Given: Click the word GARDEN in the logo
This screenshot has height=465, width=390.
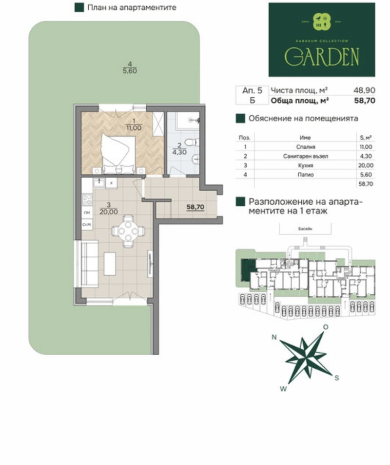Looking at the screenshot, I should click(x=322, y=57).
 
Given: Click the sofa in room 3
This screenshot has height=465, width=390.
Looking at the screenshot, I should click(x=90, y=265).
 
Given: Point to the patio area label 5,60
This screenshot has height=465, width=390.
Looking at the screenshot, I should click(x=129, y=70).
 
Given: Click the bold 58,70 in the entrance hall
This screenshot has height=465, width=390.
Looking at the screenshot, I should click(x=195, y=206).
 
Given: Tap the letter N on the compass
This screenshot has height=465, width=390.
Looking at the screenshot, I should click(x=274, y=337).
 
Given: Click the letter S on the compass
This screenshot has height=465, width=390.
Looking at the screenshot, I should click(x=336, y=377).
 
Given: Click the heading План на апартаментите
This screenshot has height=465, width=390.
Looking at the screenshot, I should click(x=131, y=8).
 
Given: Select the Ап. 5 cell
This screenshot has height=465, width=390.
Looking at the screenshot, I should click(x=252, y=90).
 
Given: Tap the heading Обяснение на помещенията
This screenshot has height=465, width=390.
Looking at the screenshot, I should click(x=303, y=118).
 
